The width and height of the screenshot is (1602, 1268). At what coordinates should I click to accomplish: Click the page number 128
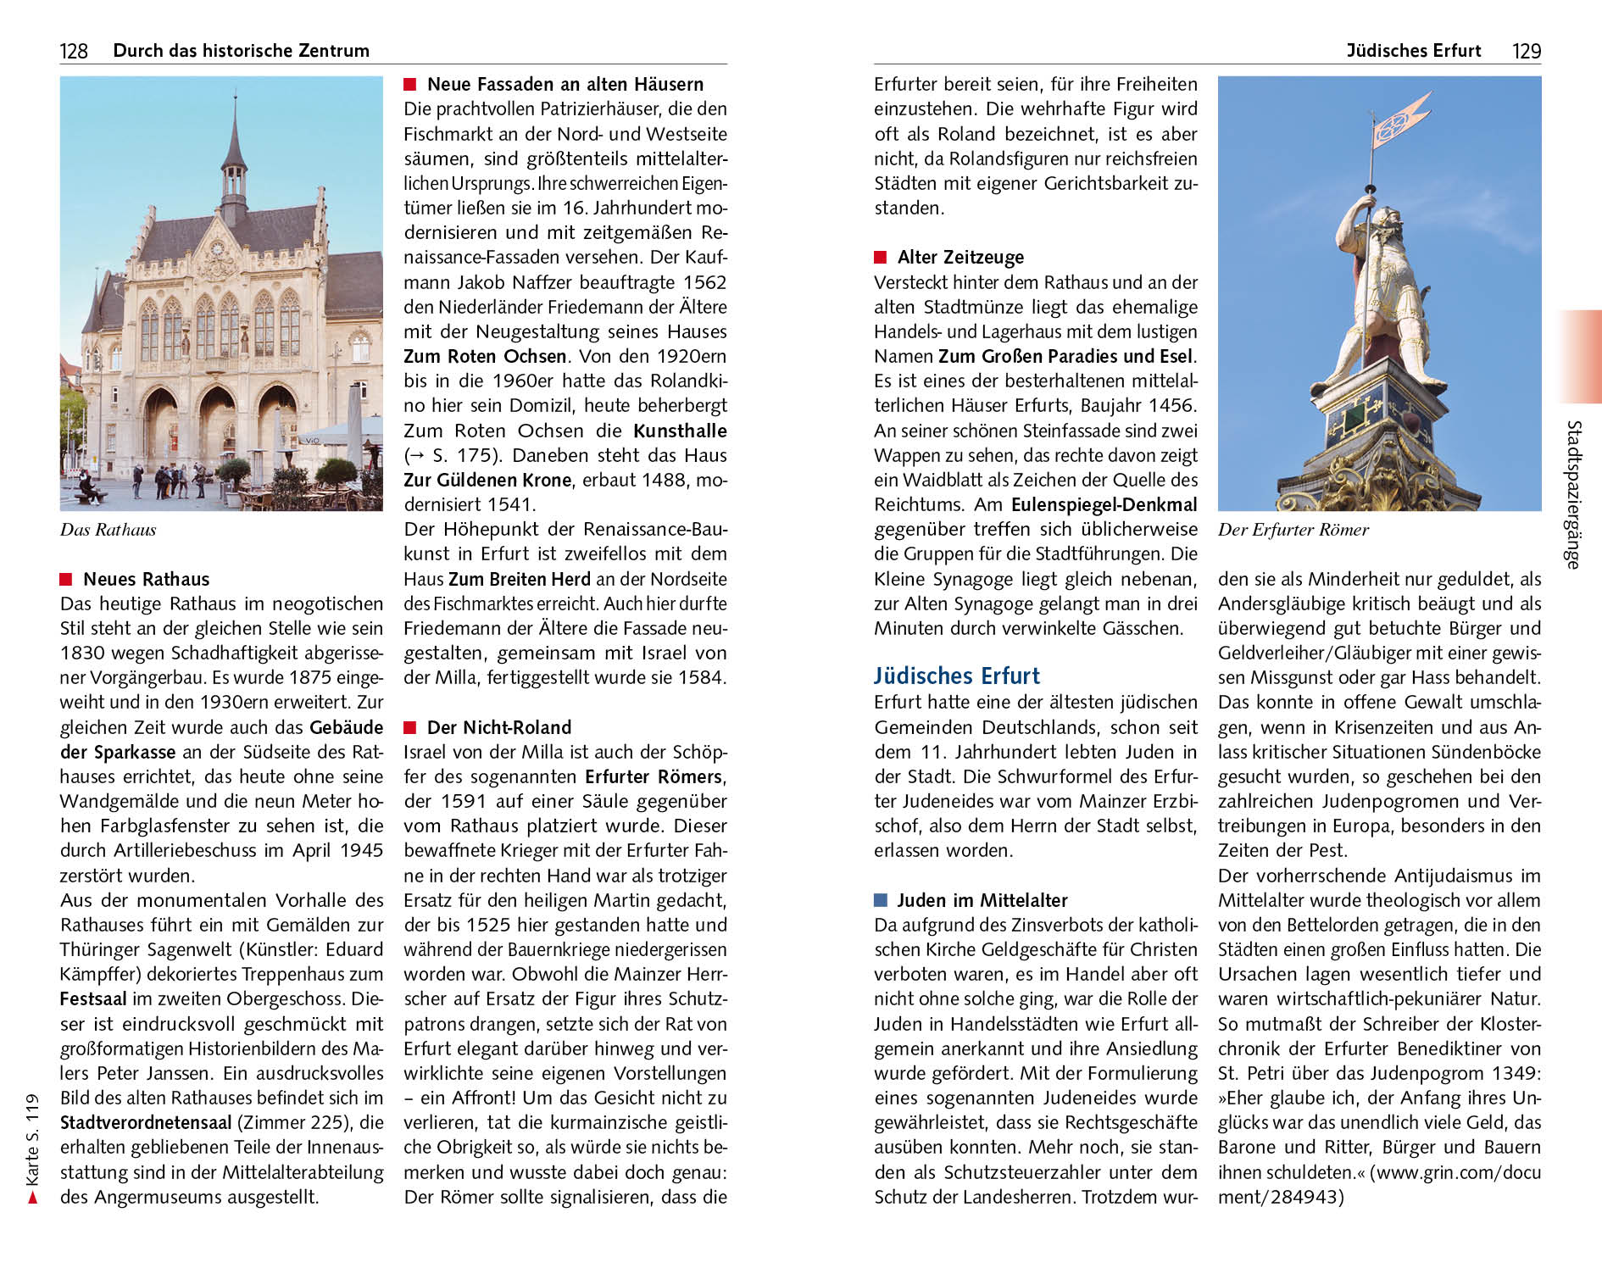pyautogui.click(x=74, y=51)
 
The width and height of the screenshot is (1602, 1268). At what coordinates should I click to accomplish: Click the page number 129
pyautogui.click(x=1526, y=51)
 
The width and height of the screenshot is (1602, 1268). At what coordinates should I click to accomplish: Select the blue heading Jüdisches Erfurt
pyautogui.click(x=956, y=676)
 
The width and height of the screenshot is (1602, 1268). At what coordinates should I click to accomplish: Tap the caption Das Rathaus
pyautogui.click(x=108, y=530)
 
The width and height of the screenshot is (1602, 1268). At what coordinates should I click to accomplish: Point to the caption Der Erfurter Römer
pyautogui.click(x=1293, y=530)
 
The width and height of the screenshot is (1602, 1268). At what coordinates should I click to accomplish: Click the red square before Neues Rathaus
pyautogui.click(x=66, y=579)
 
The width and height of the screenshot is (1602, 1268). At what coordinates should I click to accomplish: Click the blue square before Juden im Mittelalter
pyautogui.click(x=881, y=899)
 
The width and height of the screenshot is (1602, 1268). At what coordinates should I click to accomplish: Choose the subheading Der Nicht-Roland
pyautogui.click(x=498, y=727)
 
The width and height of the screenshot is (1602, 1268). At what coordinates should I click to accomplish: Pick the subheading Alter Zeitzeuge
pyautogui.click(x=960, y=257)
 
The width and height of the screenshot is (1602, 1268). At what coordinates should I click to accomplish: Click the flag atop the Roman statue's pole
pyautogui.click(x=1399, y=123)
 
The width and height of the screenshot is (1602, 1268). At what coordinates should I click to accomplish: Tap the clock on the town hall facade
pyautogui.click(x=216, y=248)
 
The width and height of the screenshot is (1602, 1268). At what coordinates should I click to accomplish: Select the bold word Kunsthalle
pyautogui.click(x=680, y=431)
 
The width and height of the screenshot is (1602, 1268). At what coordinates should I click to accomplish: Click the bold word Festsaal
pyautogui.click(x=93, y=998)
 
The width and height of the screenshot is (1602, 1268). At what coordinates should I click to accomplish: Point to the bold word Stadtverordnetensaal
pyautogui.click(x=146, y=1122)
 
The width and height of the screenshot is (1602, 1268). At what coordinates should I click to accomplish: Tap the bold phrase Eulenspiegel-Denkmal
pyautogui.click(x=1104, y=505)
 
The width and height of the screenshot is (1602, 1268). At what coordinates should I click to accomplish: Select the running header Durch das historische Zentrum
pyautogui.click(x=241, y=51)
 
